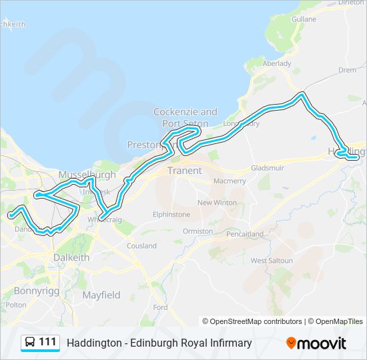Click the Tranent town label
184,171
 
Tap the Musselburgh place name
87,175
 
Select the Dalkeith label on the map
67,257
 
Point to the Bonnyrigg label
37,291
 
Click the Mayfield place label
101,295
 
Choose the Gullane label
304,20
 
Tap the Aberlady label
277,63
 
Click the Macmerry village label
230,181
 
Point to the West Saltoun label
272,261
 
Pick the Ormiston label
198,231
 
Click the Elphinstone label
171,215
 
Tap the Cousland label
142,246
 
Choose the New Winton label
216,203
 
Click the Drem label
347,69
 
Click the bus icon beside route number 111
30,343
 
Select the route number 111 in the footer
47,343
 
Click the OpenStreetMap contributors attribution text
256,321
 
